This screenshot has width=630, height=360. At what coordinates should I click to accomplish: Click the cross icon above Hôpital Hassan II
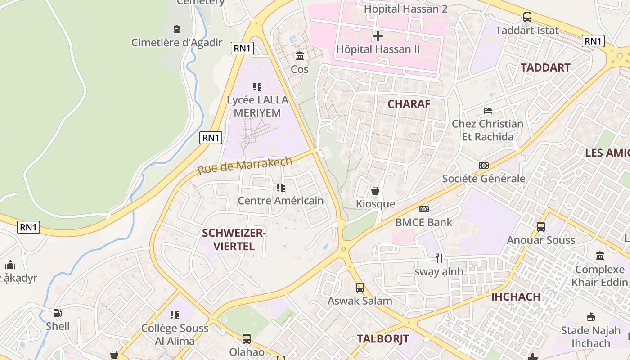[378, 36]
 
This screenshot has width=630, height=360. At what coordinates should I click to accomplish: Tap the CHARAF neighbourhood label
[409, 104]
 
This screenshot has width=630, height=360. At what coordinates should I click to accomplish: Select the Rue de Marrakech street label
[245, 166]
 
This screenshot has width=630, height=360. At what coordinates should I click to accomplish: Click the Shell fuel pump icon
[58, 313]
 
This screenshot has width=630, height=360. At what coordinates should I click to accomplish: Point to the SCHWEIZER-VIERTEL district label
[234, 239]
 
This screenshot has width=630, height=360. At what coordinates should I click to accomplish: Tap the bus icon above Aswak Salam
[360, 287]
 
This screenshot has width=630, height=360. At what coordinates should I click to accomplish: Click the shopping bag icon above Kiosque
[375, 191]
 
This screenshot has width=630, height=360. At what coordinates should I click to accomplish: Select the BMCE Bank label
[424, 222]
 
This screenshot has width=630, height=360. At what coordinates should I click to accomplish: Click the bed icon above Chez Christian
[488, 111]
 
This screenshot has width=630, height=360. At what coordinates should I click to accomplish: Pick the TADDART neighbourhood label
[545, 68]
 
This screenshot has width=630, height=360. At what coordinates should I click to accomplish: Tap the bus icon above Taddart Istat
[527, 17]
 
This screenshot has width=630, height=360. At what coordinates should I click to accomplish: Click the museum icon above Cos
[300, 56]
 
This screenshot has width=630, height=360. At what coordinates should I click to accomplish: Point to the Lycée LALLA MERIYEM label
[257, 106]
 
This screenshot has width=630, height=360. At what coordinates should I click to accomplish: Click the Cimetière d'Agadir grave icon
[177, 29]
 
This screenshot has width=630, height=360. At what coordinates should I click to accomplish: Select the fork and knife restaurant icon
[439, 258]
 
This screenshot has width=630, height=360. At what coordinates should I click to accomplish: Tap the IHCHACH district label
[516, 297]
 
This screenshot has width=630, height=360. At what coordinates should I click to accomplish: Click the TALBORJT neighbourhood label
[383, 339]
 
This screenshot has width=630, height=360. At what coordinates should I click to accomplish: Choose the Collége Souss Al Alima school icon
[175, 315]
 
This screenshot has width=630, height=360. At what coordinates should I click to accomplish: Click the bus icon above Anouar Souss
[541, 227]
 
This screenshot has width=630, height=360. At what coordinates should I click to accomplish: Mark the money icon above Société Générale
[484, 166]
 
